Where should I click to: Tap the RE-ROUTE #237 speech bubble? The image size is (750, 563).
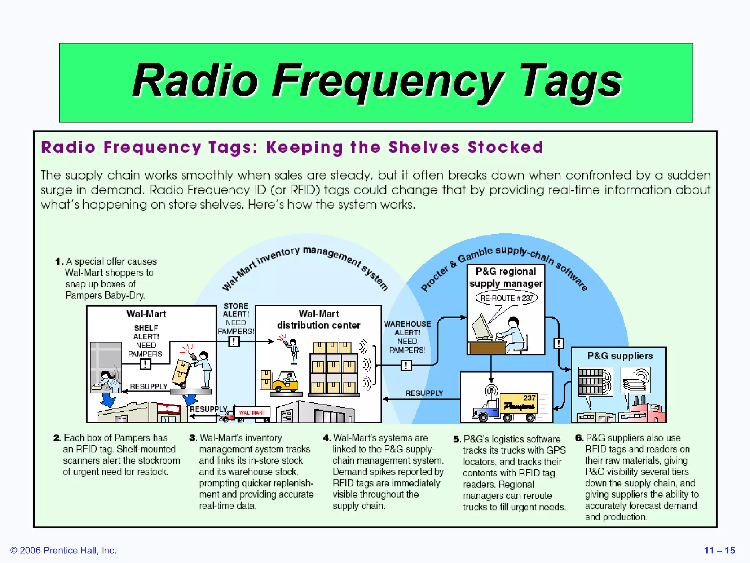506,298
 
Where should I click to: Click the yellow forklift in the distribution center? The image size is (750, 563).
285,382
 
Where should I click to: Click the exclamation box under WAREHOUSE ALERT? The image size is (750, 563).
406,365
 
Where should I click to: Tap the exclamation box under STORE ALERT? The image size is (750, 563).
234,342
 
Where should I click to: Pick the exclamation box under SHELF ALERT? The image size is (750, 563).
145,364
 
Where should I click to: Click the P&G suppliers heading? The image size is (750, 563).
620,356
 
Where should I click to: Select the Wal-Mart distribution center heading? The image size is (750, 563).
319,319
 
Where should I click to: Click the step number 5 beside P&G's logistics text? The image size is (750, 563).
457,439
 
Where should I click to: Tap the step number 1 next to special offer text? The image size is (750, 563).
58,261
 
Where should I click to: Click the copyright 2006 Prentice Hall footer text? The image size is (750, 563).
63,550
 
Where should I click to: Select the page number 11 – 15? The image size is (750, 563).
719,550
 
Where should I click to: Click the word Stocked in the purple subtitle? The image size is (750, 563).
505,147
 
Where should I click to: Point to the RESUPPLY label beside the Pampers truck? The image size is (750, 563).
424,393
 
